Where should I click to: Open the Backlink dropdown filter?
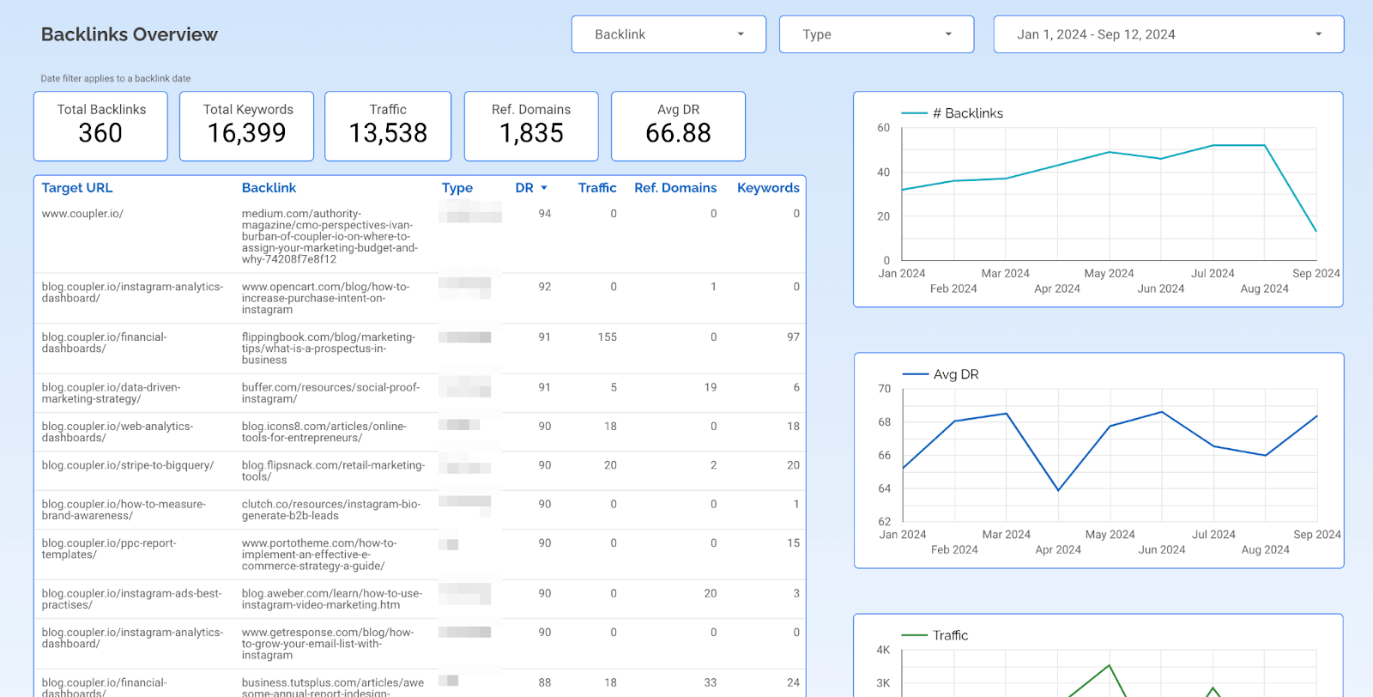tap(668, 34)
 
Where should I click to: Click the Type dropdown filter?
tap(876, 34)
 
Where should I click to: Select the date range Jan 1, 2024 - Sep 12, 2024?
tap(1168, 34)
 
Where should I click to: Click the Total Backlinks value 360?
tap(100, 134)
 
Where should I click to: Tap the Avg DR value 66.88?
tap(678, 134)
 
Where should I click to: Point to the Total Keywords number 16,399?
tap(246, 134)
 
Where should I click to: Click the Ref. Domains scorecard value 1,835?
tap(531, 134)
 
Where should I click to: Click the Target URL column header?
tap(77, 188)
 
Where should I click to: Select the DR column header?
tap(524, 188)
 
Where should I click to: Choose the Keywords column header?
tap(768, 188)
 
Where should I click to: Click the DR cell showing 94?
tap(544, 214)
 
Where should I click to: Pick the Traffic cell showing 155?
tap(607, 337)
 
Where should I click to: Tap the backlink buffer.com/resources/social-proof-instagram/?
tap(330, 393)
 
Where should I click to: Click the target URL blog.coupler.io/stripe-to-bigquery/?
tap(128, 465)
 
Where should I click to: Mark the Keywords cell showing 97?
tap(793, 337)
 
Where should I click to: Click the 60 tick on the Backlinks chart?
tap(884, 128)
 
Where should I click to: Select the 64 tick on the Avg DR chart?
tap(885, 488)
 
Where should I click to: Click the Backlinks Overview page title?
tap(130, 34)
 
